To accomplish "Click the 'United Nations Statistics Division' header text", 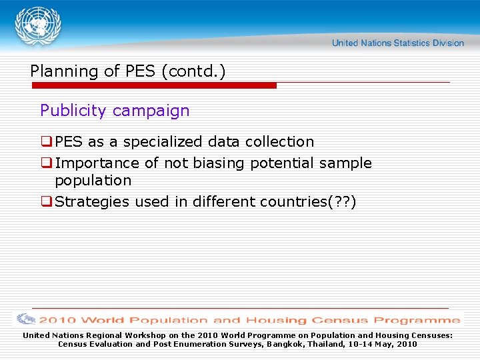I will click(397, 43).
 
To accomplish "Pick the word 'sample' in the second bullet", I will click(345, 163).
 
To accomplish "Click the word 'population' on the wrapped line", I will click(93, 181).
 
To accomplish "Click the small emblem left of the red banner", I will click(27, 319).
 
